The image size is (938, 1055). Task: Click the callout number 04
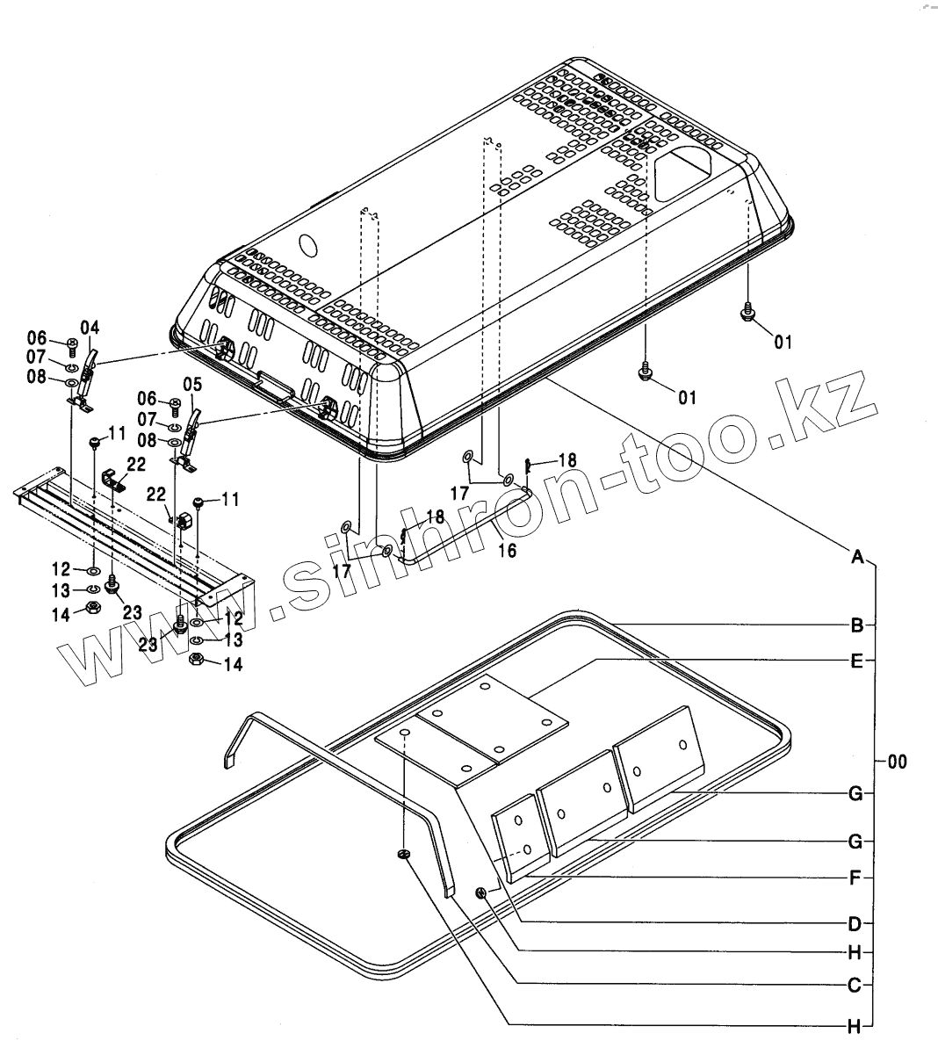pos(90,329)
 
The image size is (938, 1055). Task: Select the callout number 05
pos(192,384)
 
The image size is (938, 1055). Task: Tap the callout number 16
pos(507,551)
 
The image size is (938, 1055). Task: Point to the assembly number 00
pos(896,762)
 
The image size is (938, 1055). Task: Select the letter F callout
pos(856,877)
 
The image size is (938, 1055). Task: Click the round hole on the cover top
pos(307,243)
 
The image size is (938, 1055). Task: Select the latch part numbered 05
pos(188,436)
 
